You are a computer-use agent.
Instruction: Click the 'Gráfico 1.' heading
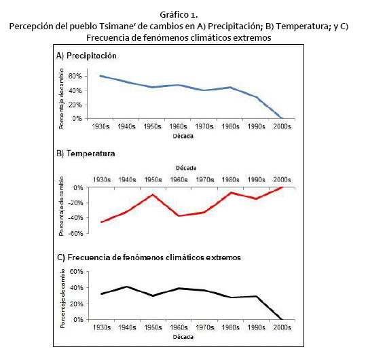pos(179,15)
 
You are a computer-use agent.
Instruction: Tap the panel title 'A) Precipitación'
pos(86,56)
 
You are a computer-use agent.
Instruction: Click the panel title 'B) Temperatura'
pos(86,154)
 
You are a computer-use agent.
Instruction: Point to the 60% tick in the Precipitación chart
pos(75,76)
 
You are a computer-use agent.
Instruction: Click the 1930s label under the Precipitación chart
pos(100,126)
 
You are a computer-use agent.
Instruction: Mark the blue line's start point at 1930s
pos(100,75)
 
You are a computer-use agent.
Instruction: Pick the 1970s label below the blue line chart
pos(204,126)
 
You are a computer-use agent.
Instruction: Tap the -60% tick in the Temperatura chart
pos(75,233)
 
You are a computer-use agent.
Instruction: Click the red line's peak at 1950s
pos(153,195)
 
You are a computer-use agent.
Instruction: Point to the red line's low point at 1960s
pos(179,215)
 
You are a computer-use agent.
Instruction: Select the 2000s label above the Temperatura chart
pos(282,179)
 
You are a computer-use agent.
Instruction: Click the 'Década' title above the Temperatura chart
pos(186,168)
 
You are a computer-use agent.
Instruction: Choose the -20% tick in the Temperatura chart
pos(75,202)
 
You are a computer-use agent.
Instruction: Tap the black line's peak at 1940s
pos(127,287)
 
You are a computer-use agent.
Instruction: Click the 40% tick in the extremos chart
pos(77,287)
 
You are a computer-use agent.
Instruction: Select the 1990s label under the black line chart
pos(256,327)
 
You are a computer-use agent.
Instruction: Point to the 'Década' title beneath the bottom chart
pos(183,337)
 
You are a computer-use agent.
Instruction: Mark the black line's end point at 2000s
pos(281,319)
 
